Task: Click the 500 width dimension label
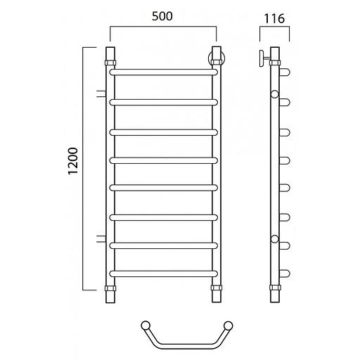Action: (x=162, y=16)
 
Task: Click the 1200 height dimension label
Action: (x=73, y=161)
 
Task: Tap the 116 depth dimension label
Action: (x=274, y=18)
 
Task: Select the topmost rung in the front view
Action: (x=164, y=72)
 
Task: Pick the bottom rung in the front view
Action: (x=164, y=274)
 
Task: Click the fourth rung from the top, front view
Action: (x=164, y=160)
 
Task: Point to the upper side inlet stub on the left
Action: (x=101, y=94)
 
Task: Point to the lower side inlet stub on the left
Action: (x=101, y=238)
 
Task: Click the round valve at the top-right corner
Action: (x=217, y=58)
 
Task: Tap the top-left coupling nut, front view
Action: (x=110, y=63)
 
